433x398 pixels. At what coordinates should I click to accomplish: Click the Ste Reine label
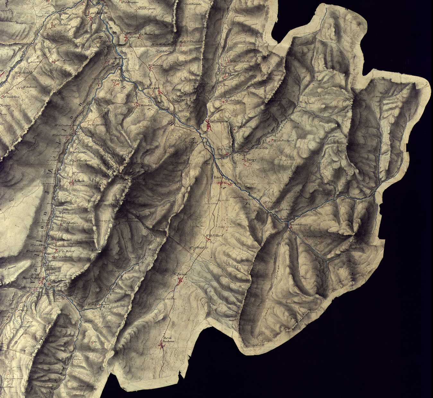[180, 274]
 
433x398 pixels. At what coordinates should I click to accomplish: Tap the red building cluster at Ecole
[222, 183]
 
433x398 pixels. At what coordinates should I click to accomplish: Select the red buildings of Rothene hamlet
[161, 345]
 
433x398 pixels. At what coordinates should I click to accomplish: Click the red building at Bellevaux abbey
[290, 227]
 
